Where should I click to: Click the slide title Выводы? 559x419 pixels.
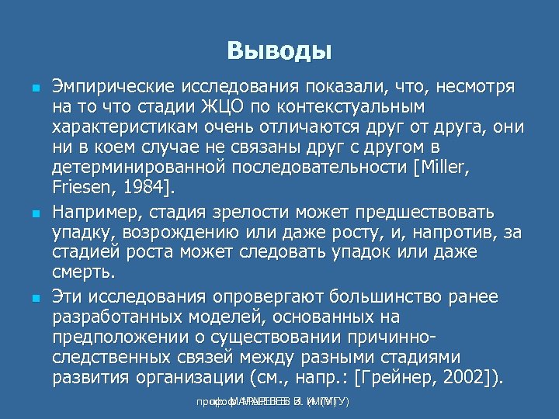(279, 51)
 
